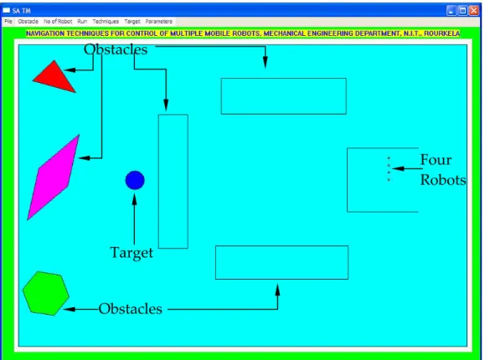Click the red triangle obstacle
(55, 78)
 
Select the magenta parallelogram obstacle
(54, 177)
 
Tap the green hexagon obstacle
(46, 293)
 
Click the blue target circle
(135, 180)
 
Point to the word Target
(132, 253)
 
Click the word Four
(436, 160)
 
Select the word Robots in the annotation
(443, 180)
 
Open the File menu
(8, 21)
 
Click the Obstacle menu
(28, 21)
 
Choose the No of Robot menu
(58, 21)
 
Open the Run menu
(82, 21)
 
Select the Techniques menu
(106, 21)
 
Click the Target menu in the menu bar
(132, 21)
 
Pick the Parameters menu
(158, 21)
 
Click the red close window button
(473, 11)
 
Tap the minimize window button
(451, 11)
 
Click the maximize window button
(462, 11)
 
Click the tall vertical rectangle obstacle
(173, 181)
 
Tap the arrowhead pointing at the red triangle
(70, 69)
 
